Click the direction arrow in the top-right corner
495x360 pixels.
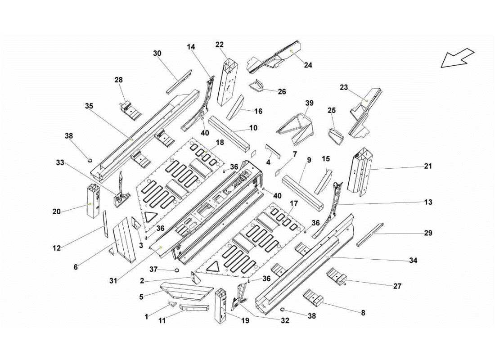tap(457, 58)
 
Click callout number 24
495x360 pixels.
tap(308, 65)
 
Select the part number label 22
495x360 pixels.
tap(220, 45)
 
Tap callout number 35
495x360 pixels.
tap(89, 106)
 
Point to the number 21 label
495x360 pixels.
tap(427, 166)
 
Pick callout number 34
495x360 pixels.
tap(413, 261)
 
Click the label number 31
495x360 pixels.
tap(113, 281)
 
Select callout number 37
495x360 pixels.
tap(153, 270)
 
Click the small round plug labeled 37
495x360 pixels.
tap(176, 270)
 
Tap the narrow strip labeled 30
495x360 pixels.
tap(179, 82)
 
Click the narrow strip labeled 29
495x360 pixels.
tap(369, 235)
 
